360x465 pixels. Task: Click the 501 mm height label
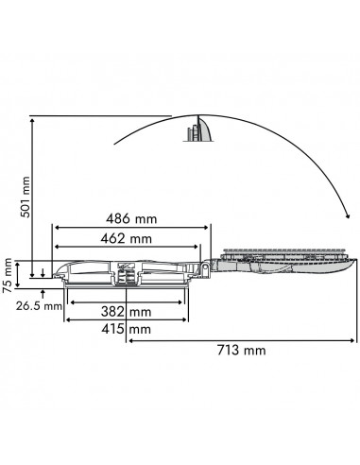coord(26,197)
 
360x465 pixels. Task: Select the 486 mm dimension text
coord(132,218)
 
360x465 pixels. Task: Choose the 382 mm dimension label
coord(126,311)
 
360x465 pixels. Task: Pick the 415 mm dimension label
coord(127,329)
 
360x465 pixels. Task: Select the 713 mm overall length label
coord(240,350)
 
